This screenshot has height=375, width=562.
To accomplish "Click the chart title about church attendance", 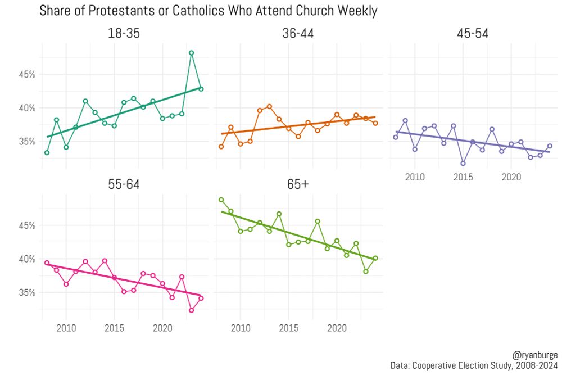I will (208, 11).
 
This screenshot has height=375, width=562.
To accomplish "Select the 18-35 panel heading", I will (124, 34).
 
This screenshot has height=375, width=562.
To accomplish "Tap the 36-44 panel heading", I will (298, 34).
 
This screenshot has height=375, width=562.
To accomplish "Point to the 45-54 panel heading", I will (472, 34).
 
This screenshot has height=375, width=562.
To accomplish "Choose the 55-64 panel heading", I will (124, 185).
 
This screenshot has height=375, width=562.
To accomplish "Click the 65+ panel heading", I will (298, 185).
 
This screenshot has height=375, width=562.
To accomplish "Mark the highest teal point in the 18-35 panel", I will (191, 53).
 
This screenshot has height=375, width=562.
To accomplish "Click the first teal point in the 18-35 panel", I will (47, 152).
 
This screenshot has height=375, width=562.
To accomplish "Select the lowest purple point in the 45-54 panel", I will (463, 164).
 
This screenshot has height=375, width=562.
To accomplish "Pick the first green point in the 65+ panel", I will (221, 200).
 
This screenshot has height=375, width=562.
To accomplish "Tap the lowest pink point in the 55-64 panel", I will (191, 310).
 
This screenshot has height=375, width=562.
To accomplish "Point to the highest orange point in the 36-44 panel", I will (269, 106).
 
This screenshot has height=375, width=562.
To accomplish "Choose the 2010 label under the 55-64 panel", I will (66, 328).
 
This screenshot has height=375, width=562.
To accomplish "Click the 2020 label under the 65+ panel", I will (337, 328).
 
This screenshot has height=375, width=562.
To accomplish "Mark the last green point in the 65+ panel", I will (375, 258).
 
